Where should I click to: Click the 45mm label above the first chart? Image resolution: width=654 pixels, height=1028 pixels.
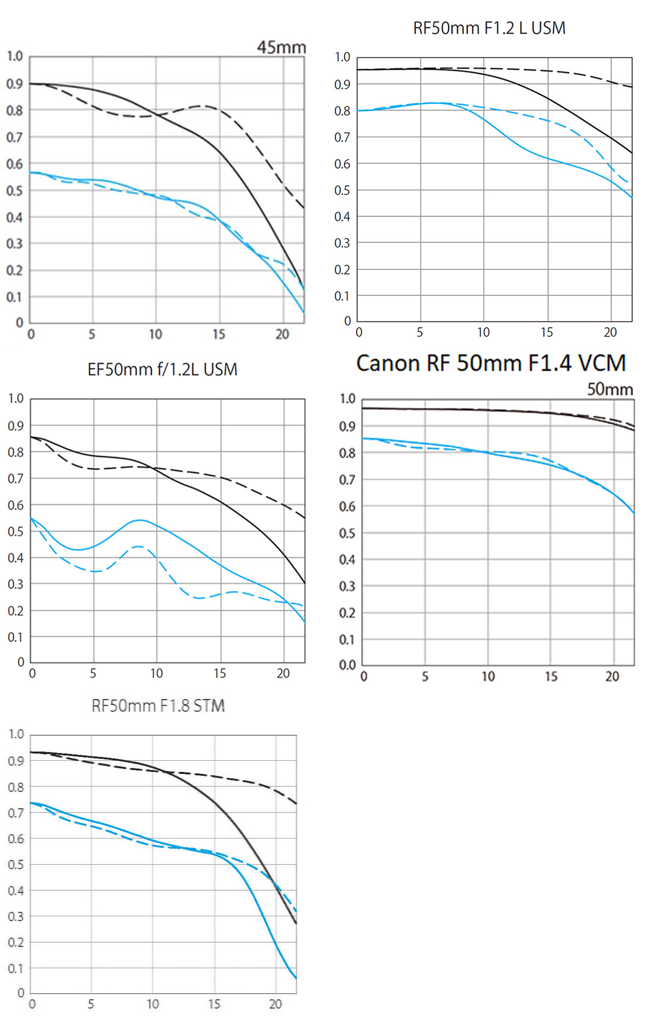[x=281, y=48]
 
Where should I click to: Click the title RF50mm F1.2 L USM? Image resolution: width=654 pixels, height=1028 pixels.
[x=489, y=28]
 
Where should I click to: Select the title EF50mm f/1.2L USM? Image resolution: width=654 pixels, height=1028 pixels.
[x=162, y=369]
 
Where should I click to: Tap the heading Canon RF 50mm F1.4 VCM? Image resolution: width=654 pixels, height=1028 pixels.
[x=490, y=363]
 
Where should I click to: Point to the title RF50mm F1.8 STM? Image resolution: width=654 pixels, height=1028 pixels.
[x=158, y=706]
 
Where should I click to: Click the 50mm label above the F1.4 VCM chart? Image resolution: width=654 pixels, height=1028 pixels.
[x=610, y=389]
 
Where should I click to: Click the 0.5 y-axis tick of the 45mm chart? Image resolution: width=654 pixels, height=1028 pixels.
[x=15, y=191]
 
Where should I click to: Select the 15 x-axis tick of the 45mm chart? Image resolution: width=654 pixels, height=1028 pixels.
[x=219, y=334]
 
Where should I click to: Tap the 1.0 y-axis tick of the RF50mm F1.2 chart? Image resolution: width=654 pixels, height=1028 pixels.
[x=342, y=57]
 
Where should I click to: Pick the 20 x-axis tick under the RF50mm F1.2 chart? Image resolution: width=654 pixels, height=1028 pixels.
[x=610, y=333]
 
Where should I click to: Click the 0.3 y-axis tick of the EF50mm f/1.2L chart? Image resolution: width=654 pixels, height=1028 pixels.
[x=16, y=584]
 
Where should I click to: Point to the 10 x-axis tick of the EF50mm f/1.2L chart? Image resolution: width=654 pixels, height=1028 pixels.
[x=157, y=673]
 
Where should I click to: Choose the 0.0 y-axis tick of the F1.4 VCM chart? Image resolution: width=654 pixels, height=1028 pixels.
[x=347, y=665]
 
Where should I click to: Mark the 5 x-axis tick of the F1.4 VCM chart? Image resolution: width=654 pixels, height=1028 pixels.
[x=425, y=677]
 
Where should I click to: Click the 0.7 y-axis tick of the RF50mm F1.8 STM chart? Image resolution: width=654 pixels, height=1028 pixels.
[x=16, y=813]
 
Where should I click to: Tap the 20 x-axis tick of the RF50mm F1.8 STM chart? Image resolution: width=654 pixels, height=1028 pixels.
[x=275, y=1004]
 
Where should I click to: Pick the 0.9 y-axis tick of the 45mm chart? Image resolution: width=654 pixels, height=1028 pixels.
[x=15, y=84]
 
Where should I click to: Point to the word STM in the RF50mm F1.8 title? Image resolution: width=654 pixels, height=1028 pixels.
[x=209, y=706]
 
